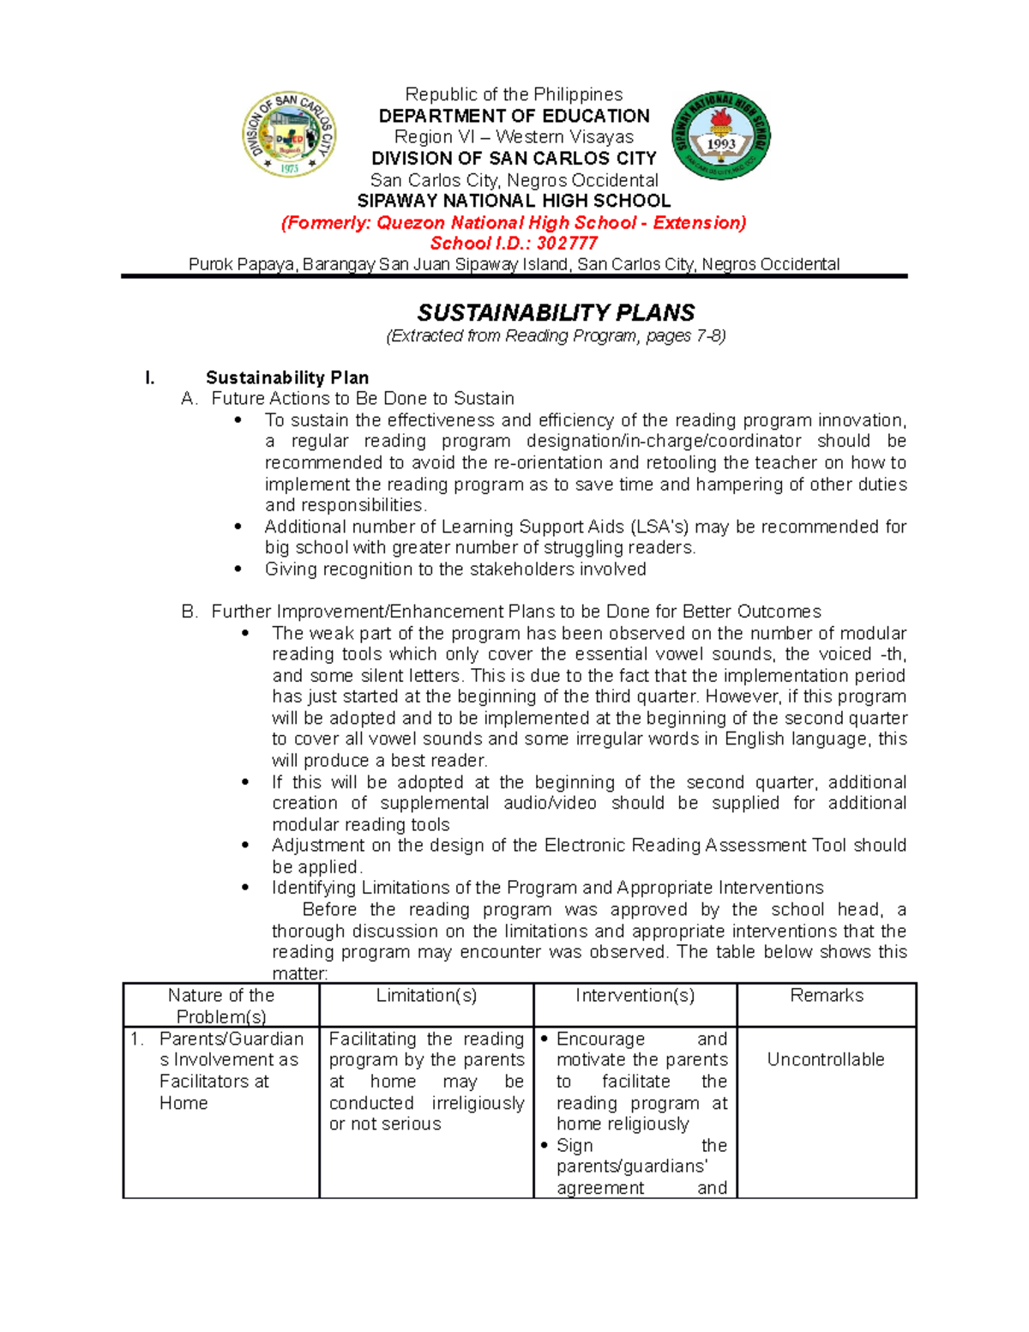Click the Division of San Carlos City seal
[x=289, y=134]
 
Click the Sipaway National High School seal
[x=721, y=136]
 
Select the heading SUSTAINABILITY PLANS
[x=556, y=312]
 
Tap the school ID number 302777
[x=567, y=243]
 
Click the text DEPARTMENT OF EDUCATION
[x=514, y=116]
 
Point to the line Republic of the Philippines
[x=514, y=94]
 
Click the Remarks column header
[x=827, y=996]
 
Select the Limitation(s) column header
[x=426, y=996]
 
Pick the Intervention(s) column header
[x=635, y=996]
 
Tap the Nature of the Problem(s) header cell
[x=221, y=1005]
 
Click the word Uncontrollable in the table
[x=826, y=1060]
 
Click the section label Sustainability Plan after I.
[x=287, y=377]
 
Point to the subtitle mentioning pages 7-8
[x=556, y=335]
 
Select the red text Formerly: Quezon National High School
[x=514, y=223]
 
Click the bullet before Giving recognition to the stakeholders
[x=239, y=570]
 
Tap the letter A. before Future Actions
[x=190, y=399]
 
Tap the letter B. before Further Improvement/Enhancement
[x=190, y=612]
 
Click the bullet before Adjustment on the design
[x=246, y=846]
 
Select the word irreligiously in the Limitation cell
[x=478, y=1103]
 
